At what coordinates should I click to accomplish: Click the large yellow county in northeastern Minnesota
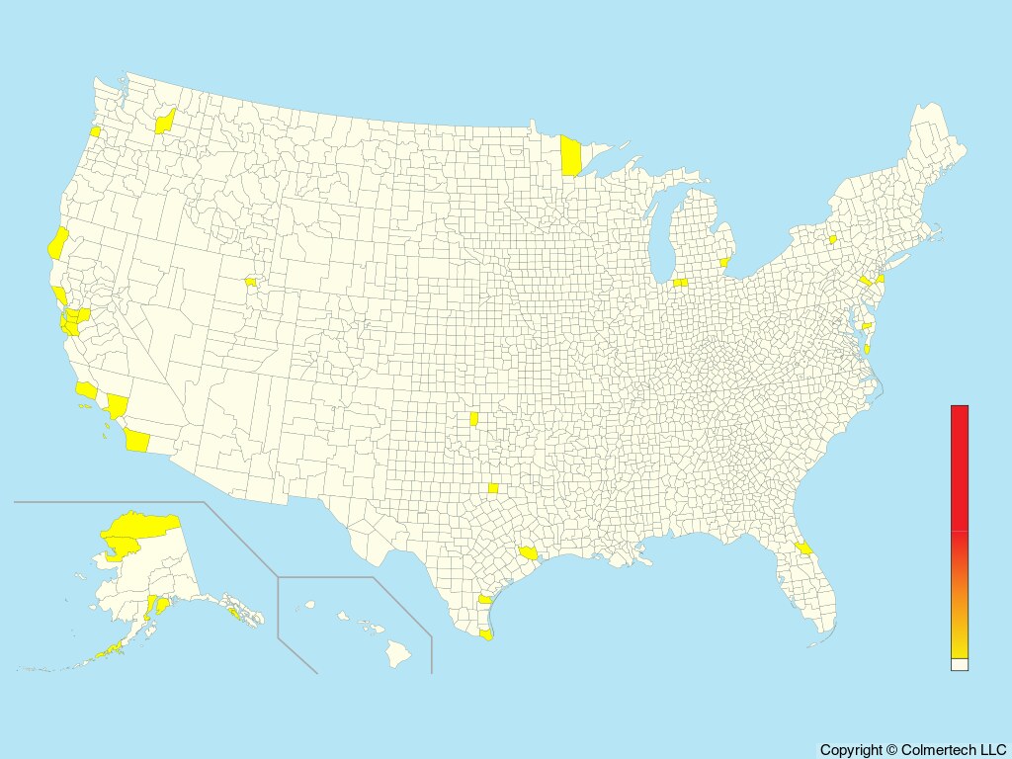click(570, 156)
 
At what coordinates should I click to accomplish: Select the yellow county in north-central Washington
click(164, 123)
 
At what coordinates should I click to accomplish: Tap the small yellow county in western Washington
click(95, 131)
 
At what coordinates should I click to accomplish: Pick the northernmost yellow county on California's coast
click(57, 242)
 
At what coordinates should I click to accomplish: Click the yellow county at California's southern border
click(137, 441)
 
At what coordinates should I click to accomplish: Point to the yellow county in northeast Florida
click(803, 548)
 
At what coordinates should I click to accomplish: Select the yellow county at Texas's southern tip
click(485, 634)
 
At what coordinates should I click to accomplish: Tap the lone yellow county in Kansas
click(474, 420)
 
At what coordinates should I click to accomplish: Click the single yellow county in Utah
click(250, 282)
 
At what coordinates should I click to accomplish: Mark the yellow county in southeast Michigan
click(724, 263)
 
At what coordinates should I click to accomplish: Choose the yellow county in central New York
click(832, 239)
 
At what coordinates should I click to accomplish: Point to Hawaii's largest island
click(398, 652)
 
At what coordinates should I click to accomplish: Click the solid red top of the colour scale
click(959, 464)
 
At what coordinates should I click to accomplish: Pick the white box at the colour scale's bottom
click(959, 665)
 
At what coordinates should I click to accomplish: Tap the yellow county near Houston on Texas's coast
click(528, 553)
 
